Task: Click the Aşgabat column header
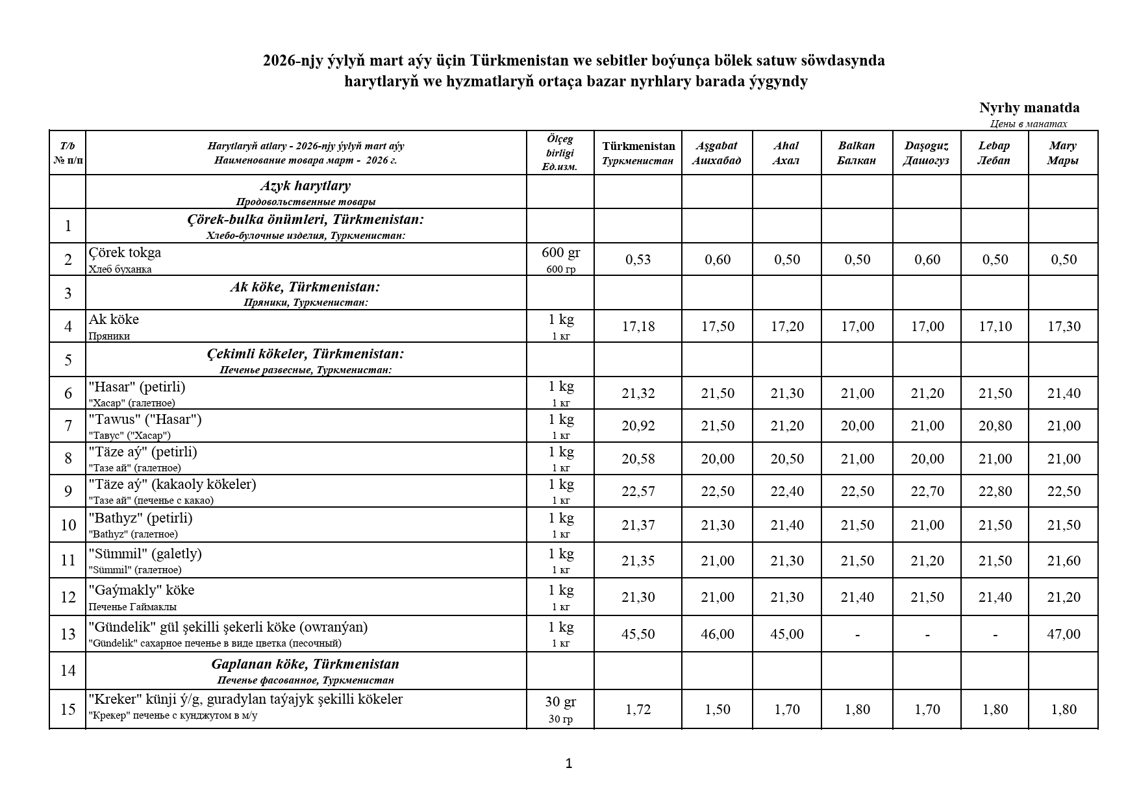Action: click(716, 153)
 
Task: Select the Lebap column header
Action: click(994, 153)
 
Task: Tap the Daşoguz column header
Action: click(926, 153)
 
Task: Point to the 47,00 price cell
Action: click(1063, 634)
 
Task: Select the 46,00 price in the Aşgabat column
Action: click(717, 634)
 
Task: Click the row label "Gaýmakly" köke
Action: click(142, 590)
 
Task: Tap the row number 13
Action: click(68, 634)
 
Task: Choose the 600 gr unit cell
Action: click(560, 253)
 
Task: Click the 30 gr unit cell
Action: click(560, 702)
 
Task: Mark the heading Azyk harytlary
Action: click(305, 186)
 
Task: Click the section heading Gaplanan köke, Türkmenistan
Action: click(305, 664)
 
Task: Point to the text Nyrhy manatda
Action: click(1029, 108)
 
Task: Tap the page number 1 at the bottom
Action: click(569, 763)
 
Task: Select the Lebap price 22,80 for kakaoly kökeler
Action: click(995, 491)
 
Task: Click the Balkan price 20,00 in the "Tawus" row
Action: click(857, 426)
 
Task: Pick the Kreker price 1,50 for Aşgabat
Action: click(717, 710)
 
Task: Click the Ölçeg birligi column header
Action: click(560, 153)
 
